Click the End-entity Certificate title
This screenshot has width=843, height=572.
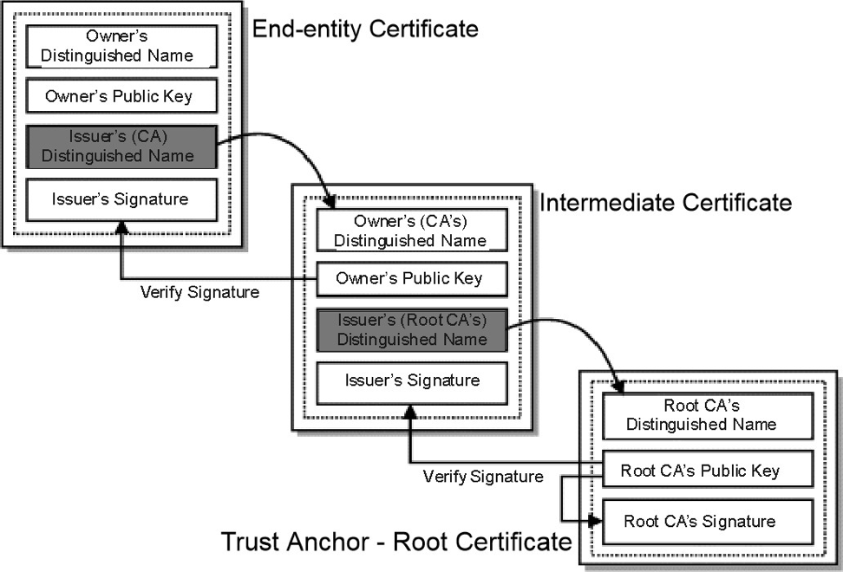coord(365,29)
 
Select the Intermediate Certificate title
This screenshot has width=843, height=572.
coord(665,203)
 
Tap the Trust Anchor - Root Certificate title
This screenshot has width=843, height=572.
coord(396,542)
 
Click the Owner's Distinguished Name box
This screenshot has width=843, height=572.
coord(121,46)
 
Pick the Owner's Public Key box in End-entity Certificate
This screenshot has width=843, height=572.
coord(121,96)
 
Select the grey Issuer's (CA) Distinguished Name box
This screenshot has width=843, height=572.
coord(121,146)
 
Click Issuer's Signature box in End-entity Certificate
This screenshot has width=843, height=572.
coord(121,200)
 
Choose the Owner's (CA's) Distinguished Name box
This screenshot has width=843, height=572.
coord(412,231)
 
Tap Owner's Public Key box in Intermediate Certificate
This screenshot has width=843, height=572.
coord(412,279)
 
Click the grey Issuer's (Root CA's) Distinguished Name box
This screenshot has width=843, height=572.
coord(412,330)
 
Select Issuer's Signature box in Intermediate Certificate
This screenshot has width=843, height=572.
coord(412,383)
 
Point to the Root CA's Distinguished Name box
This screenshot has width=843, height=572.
coord(708,416)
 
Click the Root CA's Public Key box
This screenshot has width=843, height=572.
coord(708,469)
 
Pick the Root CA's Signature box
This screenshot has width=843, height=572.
coord(708,522)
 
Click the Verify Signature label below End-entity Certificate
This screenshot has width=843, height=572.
coord(199,292)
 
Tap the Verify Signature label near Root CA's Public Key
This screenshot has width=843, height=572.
coord(483,477)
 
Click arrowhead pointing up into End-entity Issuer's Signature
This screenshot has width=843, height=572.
coord(122,227)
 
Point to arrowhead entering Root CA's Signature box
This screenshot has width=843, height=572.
coord(595,521)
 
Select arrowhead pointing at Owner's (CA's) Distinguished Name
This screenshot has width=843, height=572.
coord(329,201)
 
